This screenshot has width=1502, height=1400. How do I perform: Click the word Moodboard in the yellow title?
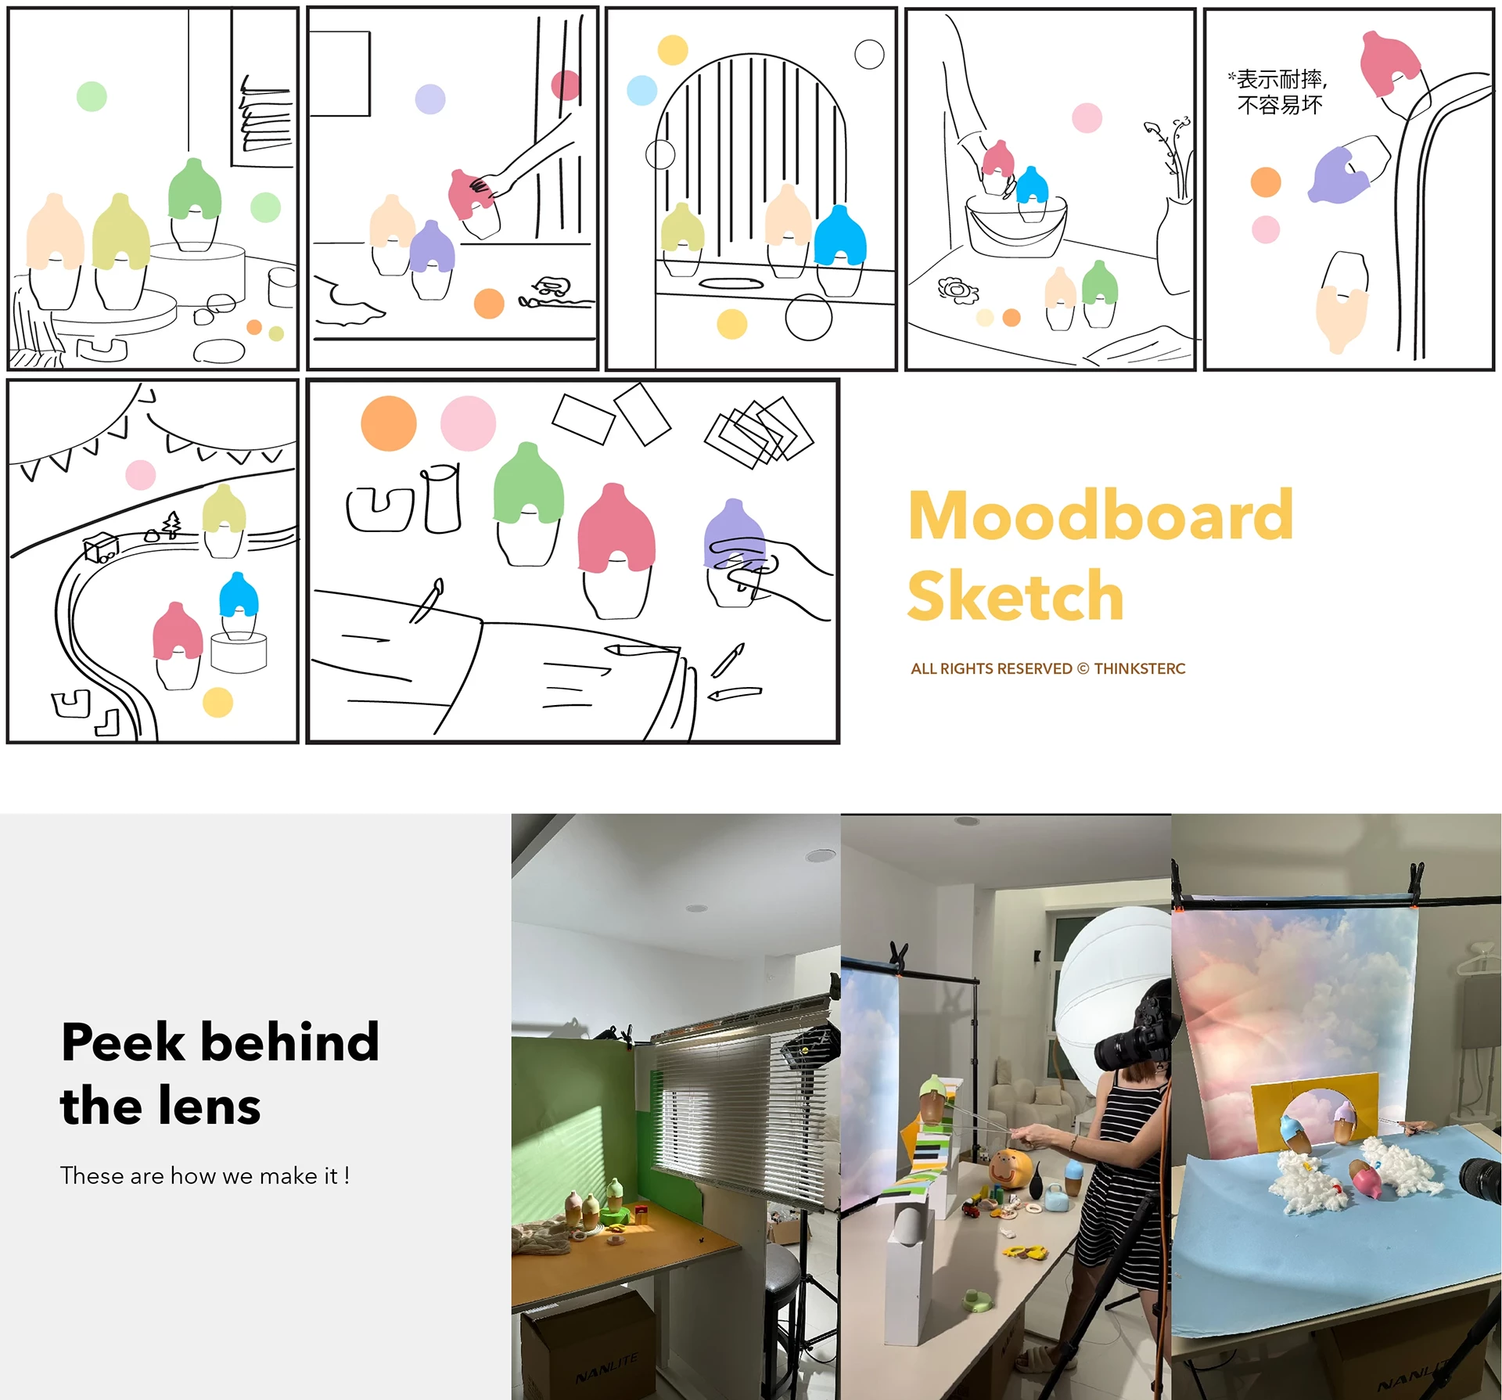click(x=1101, y=515)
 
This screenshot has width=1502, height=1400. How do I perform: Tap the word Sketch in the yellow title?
click(x=1015, y=596)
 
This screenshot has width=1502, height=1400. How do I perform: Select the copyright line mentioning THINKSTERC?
click(x=1048, y=668)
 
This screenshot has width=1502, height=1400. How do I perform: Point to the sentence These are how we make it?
click(x=205, y=1175)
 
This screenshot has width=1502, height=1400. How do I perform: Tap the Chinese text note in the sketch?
click(x=1278, y=92)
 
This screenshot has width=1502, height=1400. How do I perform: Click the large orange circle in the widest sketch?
click(x=389, y=423)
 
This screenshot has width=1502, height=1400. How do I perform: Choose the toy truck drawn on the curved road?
click(x=101, y=548)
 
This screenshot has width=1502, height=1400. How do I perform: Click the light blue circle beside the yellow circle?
click(x=642, y=91)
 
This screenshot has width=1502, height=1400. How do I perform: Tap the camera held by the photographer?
click(x=1132, y=1037)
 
